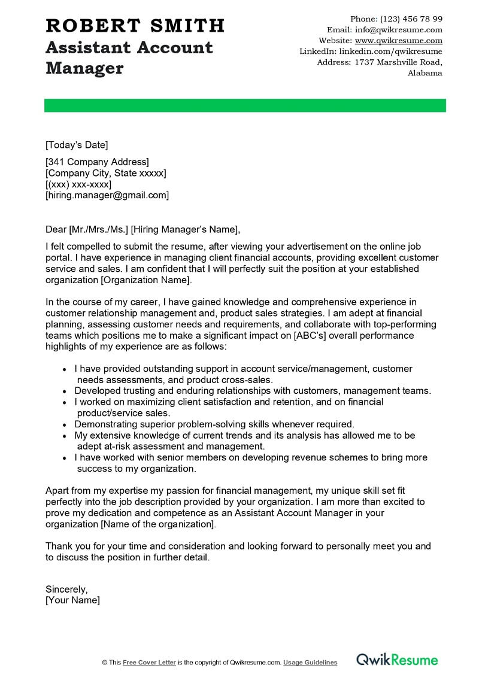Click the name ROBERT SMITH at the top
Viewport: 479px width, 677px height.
coord(135,26)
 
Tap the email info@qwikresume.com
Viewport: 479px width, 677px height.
coord(398,30)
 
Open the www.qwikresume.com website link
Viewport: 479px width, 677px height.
coord(398,41)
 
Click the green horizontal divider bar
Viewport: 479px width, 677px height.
coord(245,105)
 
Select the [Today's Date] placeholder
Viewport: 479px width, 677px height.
coord(77,145)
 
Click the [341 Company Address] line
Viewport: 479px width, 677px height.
coord(97,162)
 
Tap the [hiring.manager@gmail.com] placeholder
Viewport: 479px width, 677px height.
coord(107,195)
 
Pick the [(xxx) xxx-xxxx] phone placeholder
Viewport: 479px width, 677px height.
coord(78,184)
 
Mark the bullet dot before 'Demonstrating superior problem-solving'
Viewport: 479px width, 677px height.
coord(65,424)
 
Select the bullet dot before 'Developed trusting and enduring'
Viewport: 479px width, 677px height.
coord(65,391)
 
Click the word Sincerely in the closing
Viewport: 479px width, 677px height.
coord(66,589)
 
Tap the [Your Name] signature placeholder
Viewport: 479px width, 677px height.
coord(72,600)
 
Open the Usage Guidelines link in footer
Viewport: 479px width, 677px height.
coord(310,663)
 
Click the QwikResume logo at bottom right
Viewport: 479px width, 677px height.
coord(397,660)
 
